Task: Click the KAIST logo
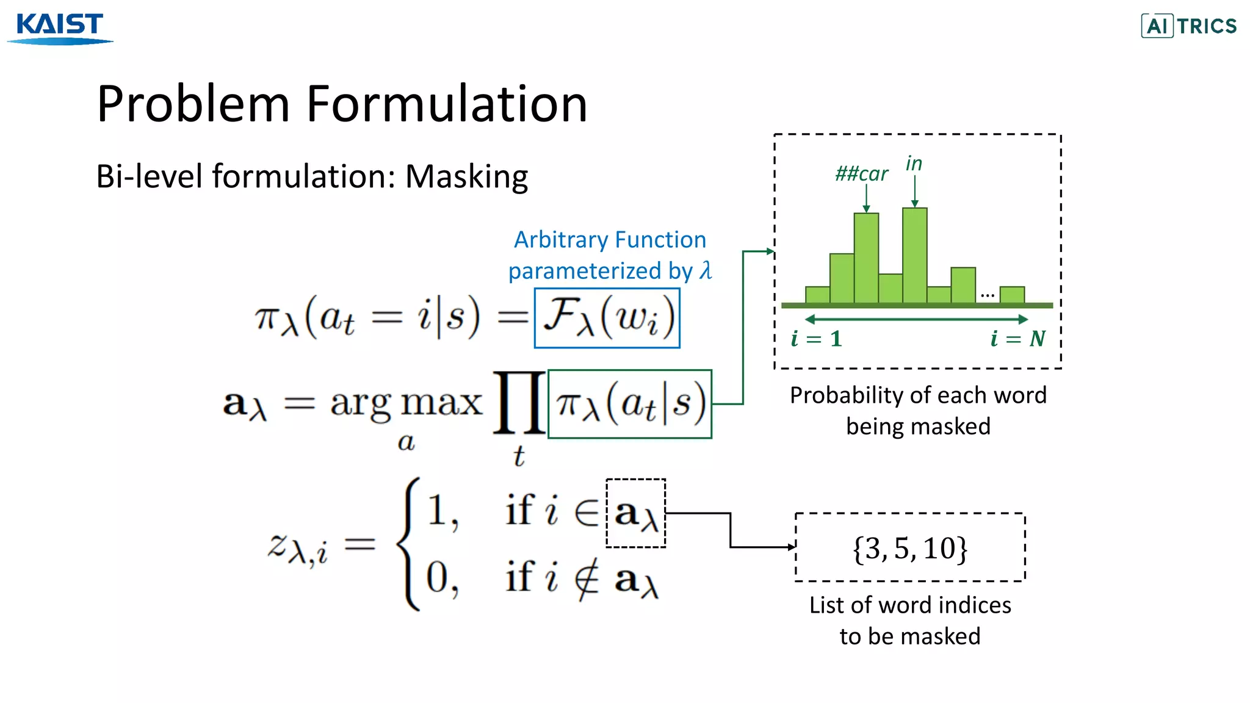60,27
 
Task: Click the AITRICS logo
1189,26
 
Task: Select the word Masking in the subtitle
466,177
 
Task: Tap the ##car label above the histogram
861,174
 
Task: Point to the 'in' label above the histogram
914,164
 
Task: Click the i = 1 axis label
816,339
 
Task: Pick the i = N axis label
1017,339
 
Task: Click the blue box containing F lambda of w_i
607,317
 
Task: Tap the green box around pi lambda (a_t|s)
630,404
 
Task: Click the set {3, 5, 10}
909,547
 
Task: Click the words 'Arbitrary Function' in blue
610,240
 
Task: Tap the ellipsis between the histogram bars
987,295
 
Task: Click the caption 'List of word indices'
909,605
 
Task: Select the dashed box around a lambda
635,513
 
